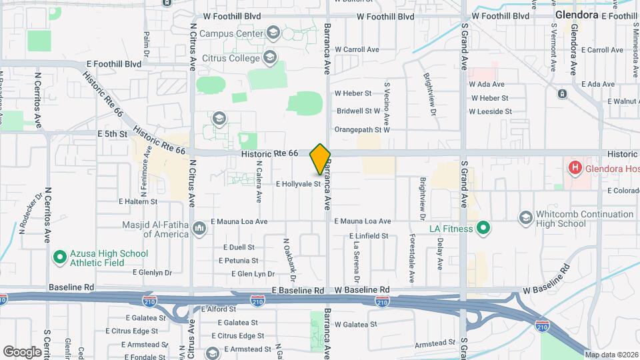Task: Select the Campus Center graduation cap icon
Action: point(273,32)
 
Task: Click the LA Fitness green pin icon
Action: point(484,229)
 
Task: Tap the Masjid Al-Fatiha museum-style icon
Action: point(199,229)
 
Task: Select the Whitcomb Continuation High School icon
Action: point(526,219)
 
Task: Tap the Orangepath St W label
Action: point(361,129)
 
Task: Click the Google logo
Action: point(22,351)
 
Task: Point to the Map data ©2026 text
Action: point(611,354)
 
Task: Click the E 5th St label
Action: point(112,133)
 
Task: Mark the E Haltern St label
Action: point(137,201)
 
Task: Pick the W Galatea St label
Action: point(356,324)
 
